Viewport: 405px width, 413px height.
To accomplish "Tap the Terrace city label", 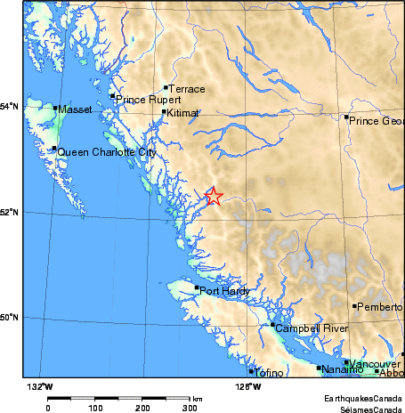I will pyautogui.click(x=188, y=90).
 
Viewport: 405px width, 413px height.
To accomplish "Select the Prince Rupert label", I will pyautogui.click(x=148, y=100).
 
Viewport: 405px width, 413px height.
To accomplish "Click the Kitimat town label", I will pyautogui.click(x=183, y=114).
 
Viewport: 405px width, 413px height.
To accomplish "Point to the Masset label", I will pyautogui.click(x=74, y=110).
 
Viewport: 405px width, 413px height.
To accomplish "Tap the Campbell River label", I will pyautogui.click(x=312, y=328).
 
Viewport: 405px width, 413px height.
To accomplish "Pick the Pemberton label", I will pyautogui.click(x=381, y=307).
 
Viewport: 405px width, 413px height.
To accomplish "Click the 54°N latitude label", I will pyautogui.click(x=10, y=107).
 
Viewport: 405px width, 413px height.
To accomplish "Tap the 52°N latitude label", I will pyautogui.click(x=10, y=212).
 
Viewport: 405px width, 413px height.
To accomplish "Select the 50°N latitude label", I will pyautogui.click(x=10, y=318).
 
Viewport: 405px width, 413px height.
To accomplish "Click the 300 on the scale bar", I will pyautogui.click(x=190, y=408).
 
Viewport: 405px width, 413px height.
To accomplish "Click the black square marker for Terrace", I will pyautogui.click(x=166, y=87).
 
